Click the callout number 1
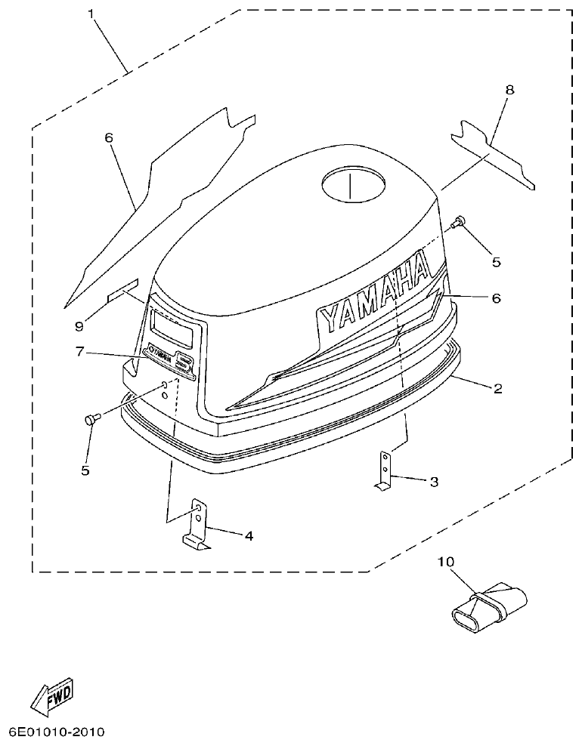[x=93, y=15]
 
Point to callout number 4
[x=248, y=535]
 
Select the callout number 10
[x=446, y=562]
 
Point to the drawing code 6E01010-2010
[x=56, y=732]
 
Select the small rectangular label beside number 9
[x=123, y=290]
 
